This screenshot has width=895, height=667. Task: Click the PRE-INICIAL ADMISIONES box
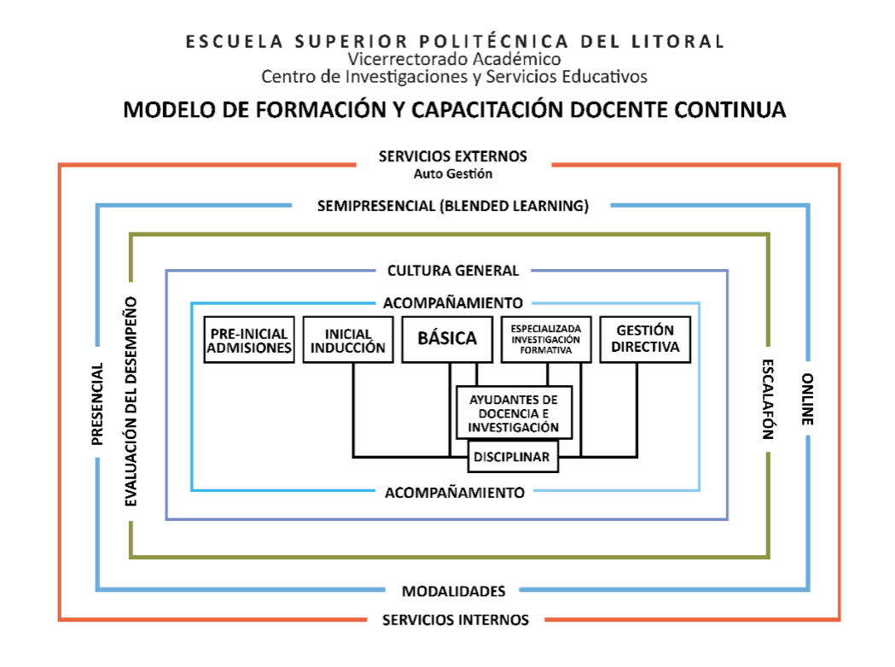249,339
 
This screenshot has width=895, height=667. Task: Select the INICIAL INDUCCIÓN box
348,339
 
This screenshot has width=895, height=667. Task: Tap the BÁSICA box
447,339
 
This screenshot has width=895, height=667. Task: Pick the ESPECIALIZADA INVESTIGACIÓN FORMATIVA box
546,339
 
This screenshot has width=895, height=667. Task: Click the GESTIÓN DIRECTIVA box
645,339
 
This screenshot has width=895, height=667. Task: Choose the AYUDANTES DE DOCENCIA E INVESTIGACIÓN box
513,413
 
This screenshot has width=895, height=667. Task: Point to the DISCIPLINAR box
513,456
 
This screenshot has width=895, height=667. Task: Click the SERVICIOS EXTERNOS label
453,156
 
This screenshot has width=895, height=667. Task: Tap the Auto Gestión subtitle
453,173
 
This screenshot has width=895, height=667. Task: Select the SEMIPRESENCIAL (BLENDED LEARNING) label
452,206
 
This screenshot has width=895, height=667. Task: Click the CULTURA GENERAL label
453,271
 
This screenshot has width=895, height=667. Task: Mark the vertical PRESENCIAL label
97,404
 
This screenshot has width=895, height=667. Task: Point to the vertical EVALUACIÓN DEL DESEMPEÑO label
131,401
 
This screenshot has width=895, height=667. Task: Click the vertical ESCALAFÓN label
767,398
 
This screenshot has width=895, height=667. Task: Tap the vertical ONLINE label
808,399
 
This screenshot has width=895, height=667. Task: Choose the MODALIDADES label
453,591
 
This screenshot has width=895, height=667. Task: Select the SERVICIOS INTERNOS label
455,619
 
